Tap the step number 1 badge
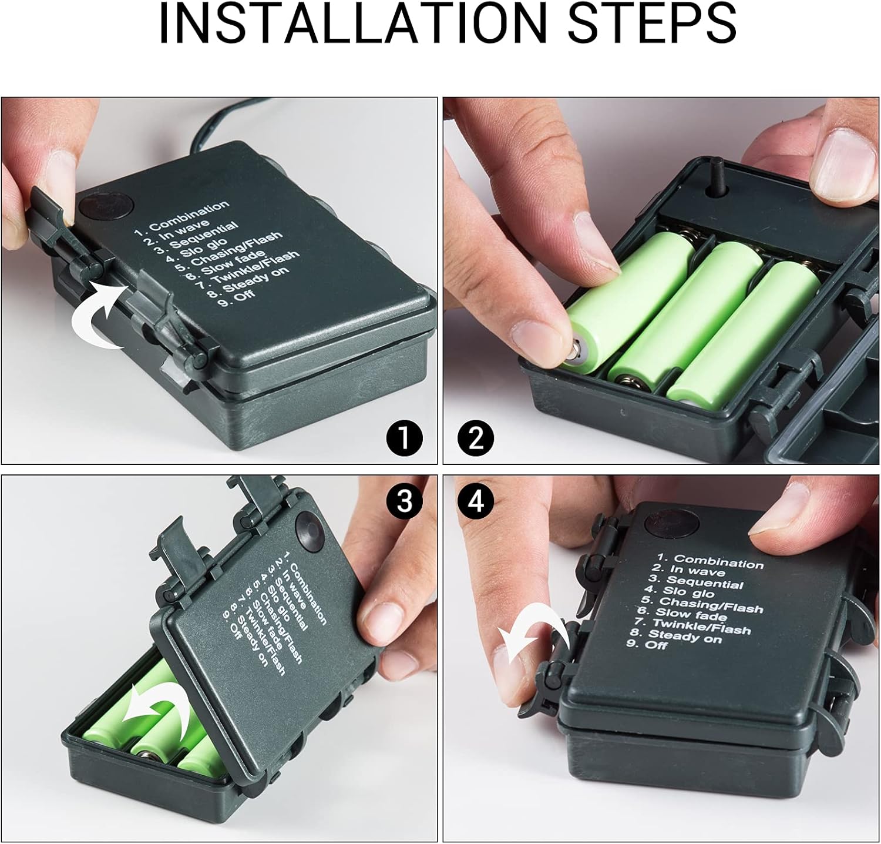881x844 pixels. tap(405, 438)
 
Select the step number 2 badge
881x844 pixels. tap(476, 438)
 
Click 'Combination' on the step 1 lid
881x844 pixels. tap(189, 216)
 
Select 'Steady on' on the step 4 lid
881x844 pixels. tap(692, 636)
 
